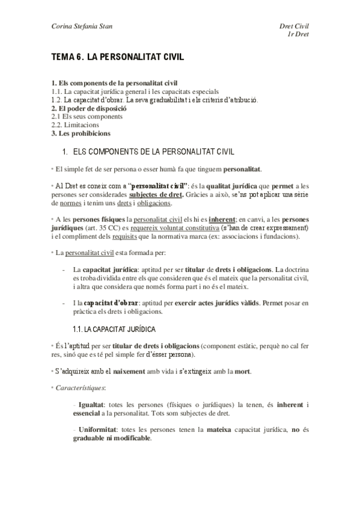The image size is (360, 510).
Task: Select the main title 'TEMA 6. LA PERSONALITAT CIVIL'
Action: (x=117, y=58)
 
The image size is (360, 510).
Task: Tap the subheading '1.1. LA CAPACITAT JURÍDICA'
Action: (x=114, y=329)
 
